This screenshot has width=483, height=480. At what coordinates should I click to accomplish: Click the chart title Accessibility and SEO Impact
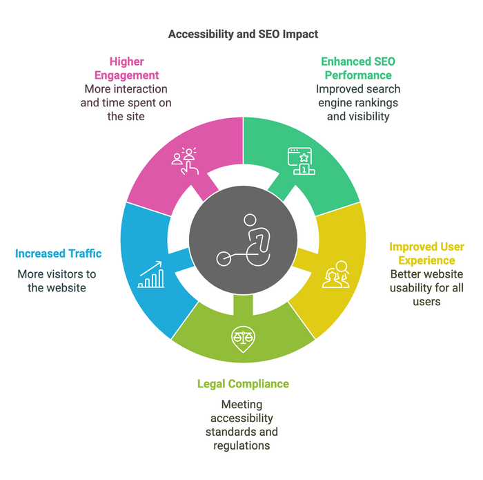(x=244, y=33)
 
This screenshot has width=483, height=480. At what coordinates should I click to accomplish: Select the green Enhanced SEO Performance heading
(x=358, y=68)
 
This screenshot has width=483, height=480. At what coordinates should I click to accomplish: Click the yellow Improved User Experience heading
(x=426, y=253)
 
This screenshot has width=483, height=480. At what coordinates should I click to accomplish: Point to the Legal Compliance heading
(x=243, y=384)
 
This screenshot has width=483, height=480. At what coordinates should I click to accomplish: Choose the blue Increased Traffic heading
(x=59, y=253)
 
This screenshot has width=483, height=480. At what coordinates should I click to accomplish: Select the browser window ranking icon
(x=300, y=161)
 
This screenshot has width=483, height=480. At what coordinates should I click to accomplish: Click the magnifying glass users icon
(x=335, y=274)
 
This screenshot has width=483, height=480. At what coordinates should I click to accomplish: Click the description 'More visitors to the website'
(x=57, y=280)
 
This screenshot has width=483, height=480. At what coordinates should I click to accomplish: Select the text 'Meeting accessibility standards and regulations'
(x=241, y=425)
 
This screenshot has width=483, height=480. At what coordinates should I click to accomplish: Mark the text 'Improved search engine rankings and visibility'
(x=358, y=103)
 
